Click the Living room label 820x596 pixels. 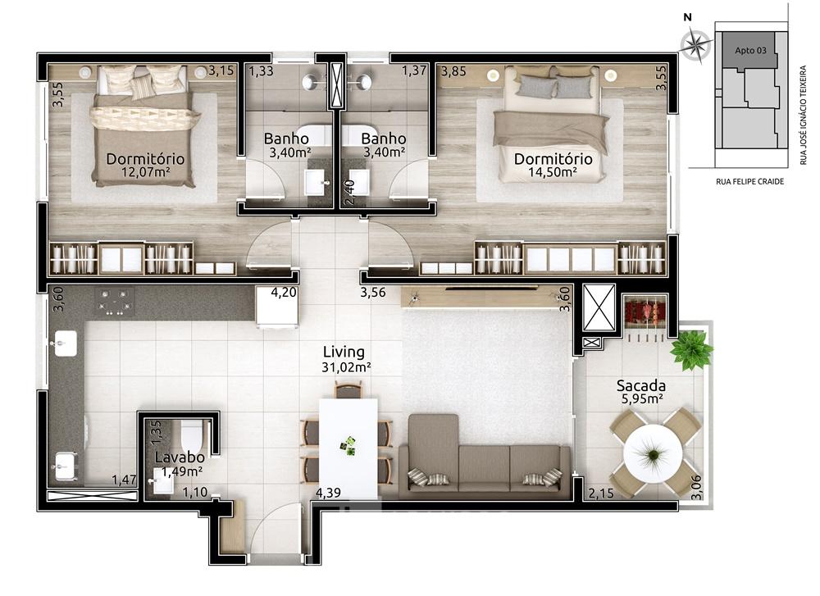[344, 352]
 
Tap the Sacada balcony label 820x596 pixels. [640, 386]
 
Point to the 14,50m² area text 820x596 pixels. [553, 172]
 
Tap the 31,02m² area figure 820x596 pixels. [346, 367]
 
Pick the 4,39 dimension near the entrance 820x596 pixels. [329, 493]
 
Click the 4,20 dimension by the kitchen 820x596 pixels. [284, 292]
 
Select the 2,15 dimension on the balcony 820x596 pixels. [601, 493]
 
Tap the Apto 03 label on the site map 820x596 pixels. [750, 50]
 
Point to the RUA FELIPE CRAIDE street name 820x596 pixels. [750, 181]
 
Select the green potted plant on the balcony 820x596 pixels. [691, 349]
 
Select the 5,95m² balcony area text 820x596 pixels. [642, 400]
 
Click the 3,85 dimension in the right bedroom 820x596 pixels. [453, 71]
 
